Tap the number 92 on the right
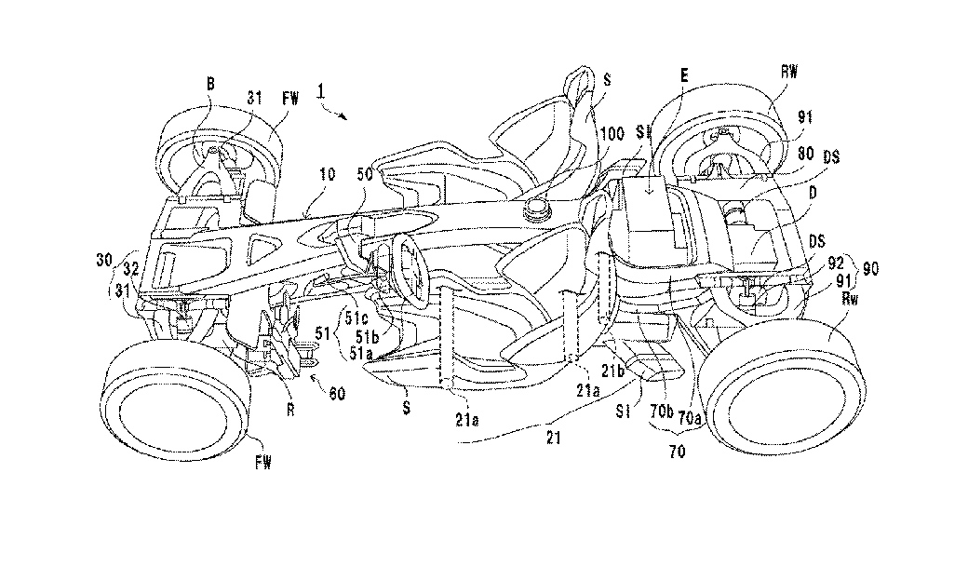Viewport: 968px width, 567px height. tap(837, 263)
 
